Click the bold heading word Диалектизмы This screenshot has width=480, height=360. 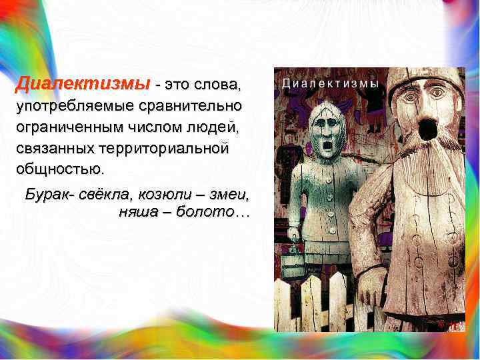(x=83, y=85)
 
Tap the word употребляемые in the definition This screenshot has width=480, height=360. (x=74, y=106)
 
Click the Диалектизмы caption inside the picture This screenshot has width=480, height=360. (x=330, y=84)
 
